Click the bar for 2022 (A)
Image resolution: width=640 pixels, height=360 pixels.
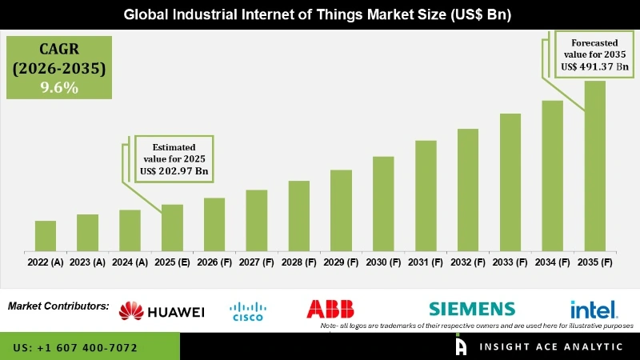(x=46, y=235)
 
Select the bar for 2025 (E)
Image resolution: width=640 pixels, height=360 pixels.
(x=172, y=227)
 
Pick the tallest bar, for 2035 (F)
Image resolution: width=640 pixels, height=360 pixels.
(x=594, y=165)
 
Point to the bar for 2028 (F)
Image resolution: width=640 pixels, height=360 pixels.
(x=298, y=215)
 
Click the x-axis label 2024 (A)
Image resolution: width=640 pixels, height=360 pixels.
(x=130, y=262)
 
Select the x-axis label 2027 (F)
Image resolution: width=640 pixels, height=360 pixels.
(x=256, y=262)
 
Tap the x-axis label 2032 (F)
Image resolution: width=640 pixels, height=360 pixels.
(x=468, y=262)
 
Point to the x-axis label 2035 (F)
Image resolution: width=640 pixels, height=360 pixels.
(x=594, y=262)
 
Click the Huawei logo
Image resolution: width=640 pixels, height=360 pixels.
(x=162, y=311)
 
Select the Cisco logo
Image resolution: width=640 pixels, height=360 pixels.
(x=247, y=311)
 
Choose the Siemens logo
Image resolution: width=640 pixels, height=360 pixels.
(x=471, y=309)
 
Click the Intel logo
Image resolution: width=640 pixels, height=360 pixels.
(x=593, y=309)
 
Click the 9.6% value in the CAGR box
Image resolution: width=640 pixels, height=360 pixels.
(x=58, y=88)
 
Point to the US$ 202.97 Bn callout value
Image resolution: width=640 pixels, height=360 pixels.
(x=174, y=171)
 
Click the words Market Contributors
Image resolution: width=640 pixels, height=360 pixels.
(x=58, y=306)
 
